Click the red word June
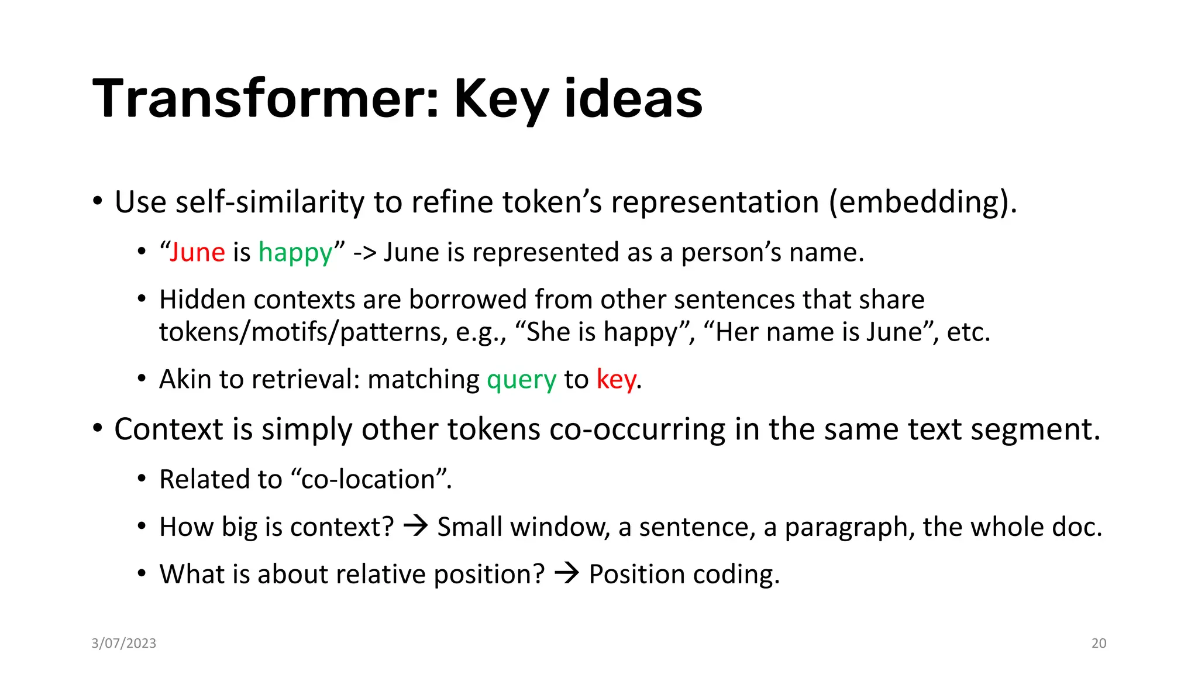pos(197,252)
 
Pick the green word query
pos(521,380)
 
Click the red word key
pos(616,380)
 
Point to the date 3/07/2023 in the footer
pos(124,643)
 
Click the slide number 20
pos(1099,643)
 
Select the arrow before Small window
pos(416,525)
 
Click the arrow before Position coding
pos(566,573)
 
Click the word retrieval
pos(303,379)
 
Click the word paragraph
pos(849,528)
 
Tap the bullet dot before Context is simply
pos(98,428)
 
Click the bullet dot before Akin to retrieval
pos(142,379)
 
